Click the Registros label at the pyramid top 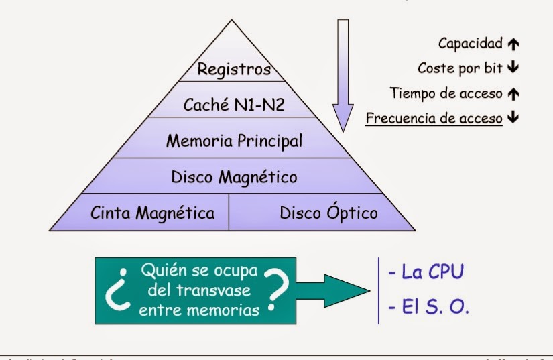(234, 68)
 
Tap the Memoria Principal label (234, 141)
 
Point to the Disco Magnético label (234, 177)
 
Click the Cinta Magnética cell (152, 213)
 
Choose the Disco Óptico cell (328, 213)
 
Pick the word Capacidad (470, 44)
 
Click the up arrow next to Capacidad (513, 44)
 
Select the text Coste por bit (460, 68)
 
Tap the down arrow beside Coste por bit (513, 68)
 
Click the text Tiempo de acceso (446, 93)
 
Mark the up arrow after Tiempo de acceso (513, 93)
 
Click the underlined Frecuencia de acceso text (434, 118)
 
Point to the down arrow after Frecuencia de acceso (513, 118)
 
